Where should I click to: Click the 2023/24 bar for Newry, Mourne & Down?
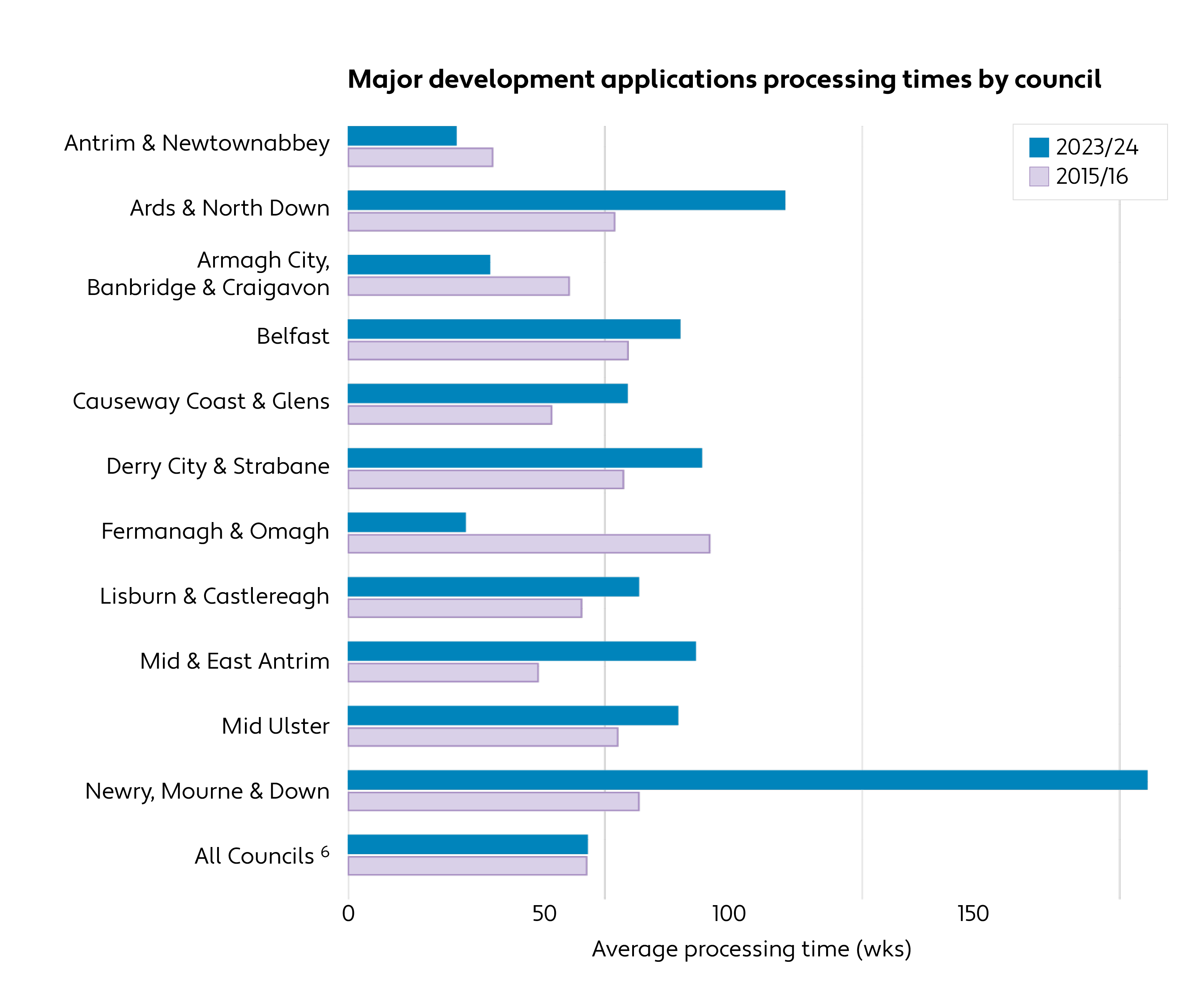(747, 780)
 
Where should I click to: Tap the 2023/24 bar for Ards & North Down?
(566, 200)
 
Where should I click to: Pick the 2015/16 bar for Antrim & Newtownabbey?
(420, 157)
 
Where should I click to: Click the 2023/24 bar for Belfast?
(514, 329)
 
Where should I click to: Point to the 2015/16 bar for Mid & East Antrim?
(443, 672)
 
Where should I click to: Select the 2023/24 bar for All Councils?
(467, 844)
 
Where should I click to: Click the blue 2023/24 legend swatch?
(1038, 147)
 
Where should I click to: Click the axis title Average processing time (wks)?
(751, 949)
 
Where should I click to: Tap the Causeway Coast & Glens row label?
(201, 401)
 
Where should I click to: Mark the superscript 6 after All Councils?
(325, 852)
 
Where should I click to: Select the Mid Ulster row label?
(275, 726)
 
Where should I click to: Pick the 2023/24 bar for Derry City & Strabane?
(525, 458)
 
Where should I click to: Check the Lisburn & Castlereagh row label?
(215, 596)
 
